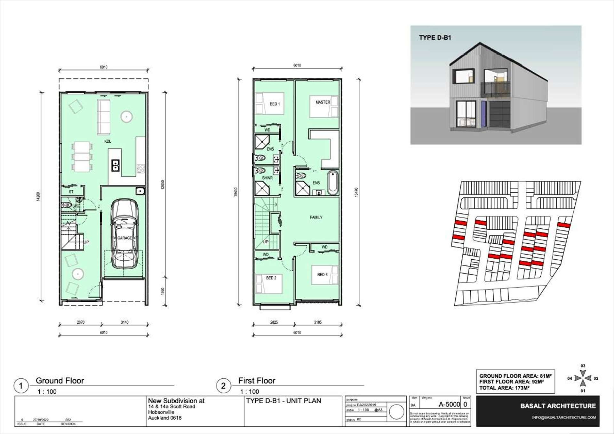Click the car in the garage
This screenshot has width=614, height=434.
point(124,233)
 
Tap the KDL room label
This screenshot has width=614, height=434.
point(108,141)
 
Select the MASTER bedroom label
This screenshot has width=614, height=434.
point(323,102)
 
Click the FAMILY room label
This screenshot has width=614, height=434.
point(316,217)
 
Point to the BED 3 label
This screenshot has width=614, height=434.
point(322,275)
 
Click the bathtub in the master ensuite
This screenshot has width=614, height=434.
point(333,183)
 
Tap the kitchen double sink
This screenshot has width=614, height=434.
point(115,166)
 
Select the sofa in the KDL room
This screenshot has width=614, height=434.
point(103,117)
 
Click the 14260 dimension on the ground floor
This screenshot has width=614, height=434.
point(38,196)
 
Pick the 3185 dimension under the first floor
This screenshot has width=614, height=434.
point(318,322)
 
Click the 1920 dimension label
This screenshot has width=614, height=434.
point(163,291)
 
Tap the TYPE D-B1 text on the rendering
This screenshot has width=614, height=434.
point(435,38)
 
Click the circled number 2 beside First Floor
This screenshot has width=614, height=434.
point(223,386)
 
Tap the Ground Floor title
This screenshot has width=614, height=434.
point(60,381)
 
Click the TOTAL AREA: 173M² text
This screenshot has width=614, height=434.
point(504,388)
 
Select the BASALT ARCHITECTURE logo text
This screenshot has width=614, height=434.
point(558,406)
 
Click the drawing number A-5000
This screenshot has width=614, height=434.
point(449,405)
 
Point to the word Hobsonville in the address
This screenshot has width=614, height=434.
point(161,412)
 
